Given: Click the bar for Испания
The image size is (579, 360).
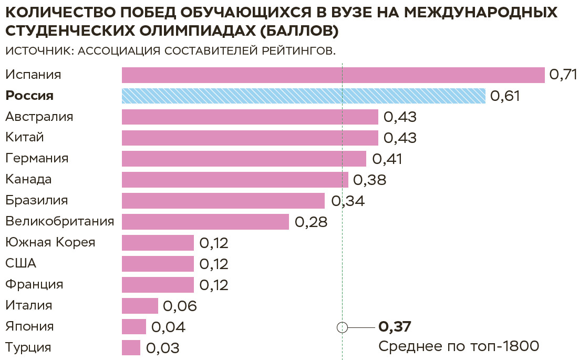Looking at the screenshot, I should click(333, 75).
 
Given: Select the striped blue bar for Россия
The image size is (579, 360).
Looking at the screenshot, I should click(303, 96).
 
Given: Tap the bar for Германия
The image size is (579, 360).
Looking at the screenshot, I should click(244, 159).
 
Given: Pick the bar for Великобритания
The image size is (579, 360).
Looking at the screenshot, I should click(205, 222).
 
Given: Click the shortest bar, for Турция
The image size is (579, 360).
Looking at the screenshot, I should click(131, 348).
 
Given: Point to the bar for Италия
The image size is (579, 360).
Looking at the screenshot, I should click(140, 306).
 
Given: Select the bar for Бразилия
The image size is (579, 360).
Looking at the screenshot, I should click(223, 201).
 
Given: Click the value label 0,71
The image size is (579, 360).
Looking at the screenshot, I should click(563, 75).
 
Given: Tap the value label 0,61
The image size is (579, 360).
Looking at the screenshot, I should click(504, 96).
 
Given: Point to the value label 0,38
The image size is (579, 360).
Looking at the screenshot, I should click(369, 180).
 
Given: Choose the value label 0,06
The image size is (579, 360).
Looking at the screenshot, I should click(180, 306).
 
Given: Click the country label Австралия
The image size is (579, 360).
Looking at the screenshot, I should click(39, 117).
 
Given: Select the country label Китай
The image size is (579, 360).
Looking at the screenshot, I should click(25, 138).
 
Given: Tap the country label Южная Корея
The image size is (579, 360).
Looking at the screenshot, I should click(50, 242).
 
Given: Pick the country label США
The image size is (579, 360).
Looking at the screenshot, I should click(21, 263).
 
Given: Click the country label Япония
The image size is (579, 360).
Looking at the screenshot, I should click(29, 326).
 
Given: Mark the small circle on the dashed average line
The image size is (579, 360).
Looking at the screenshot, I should click(342, 327).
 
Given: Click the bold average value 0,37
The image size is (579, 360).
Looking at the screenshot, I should click(395, 327).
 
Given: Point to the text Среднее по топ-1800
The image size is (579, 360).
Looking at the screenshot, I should click(459, 346).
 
